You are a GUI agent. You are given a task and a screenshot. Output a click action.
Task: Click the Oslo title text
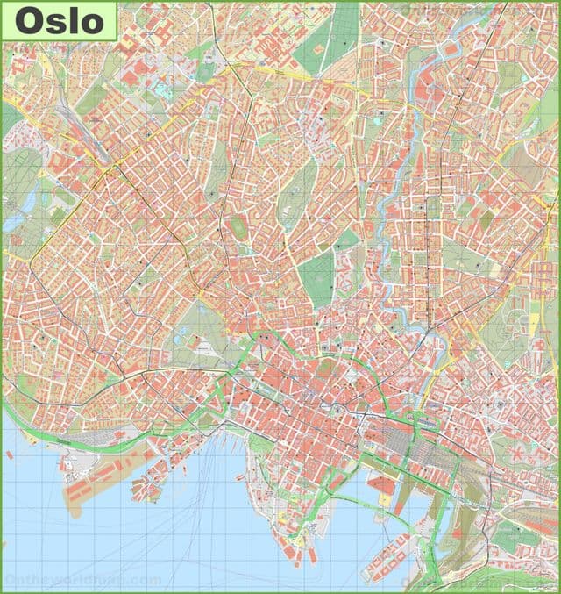tap(59, 21)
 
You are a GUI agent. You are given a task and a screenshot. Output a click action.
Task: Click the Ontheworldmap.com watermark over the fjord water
tap(83, 580)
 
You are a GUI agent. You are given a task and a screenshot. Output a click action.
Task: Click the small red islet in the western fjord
tap(9, 455)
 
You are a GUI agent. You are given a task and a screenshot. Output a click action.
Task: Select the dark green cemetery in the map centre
tap(321, 276)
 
